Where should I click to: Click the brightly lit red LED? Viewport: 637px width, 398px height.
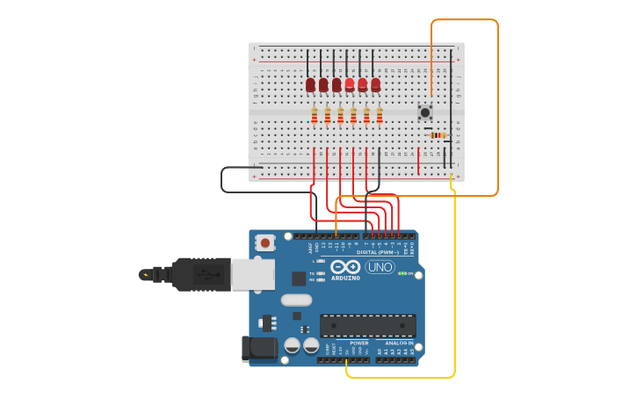350,84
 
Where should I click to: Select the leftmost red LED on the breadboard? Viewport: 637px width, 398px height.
310,84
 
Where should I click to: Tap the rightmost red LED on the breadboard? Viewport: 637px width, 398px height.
376,84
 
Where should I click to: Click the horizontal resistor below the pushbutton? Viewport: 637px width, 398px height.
438,134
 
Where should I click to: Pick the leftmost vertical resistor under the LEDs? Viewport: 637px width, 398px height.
315,116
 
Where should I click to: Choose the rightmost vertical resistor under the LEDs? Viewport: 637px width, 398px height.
380,116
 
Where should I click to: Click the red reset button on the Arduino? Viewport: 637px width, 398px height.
265,242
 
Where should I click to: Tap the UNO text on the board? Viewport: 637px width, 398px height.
380,267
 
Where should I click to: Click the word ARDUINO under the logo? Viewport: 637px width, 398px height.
345,279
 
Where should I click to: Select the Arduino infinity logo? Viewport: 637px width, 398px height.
345,267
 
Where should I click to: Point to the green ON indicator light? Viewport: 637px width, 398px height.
402,273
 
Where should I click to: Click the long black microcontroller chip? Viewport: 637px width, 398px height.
367,326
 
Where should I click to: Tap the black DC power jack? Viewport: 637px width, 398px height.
259,348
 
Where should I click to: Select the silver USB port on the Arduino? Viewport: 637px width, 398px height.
253,274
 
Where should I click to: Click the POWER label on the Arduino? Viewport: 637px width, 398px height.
359,343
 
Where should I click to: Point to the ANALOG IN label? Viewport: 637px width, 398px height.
399,343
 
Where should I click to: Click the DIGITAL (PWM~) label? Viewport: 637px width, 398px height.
378,252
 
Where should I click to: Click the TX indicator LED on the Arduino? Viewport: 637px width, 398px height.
322,272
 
